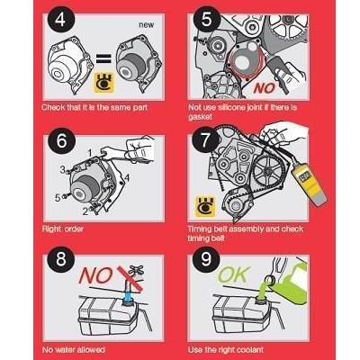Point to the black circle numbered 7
pos(206,139)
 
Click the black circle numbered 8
pos(61,258)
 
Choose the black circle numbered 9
pos(206,258)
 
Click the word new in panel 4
pos(147,25)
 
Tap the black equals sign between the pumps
pos(103,58)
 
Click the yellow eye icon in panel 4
pos(104,83)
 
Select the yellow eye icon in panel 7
pos(205,206)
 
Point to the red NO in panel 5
pos(264,88)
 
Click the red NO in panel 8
pos(95,275)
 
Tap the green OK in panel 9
pos(233,274)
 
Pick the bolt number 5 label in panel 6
pos(58,198)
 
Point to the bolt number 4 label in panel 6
pos(127,178)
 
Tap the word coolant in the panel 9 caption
pos(249,350)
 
